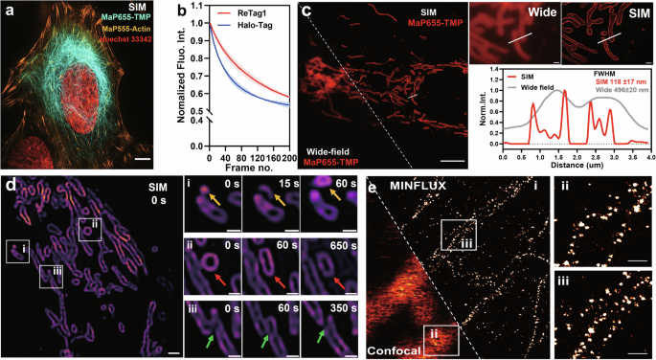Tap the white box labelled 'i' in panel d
(x=16, y=251)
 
